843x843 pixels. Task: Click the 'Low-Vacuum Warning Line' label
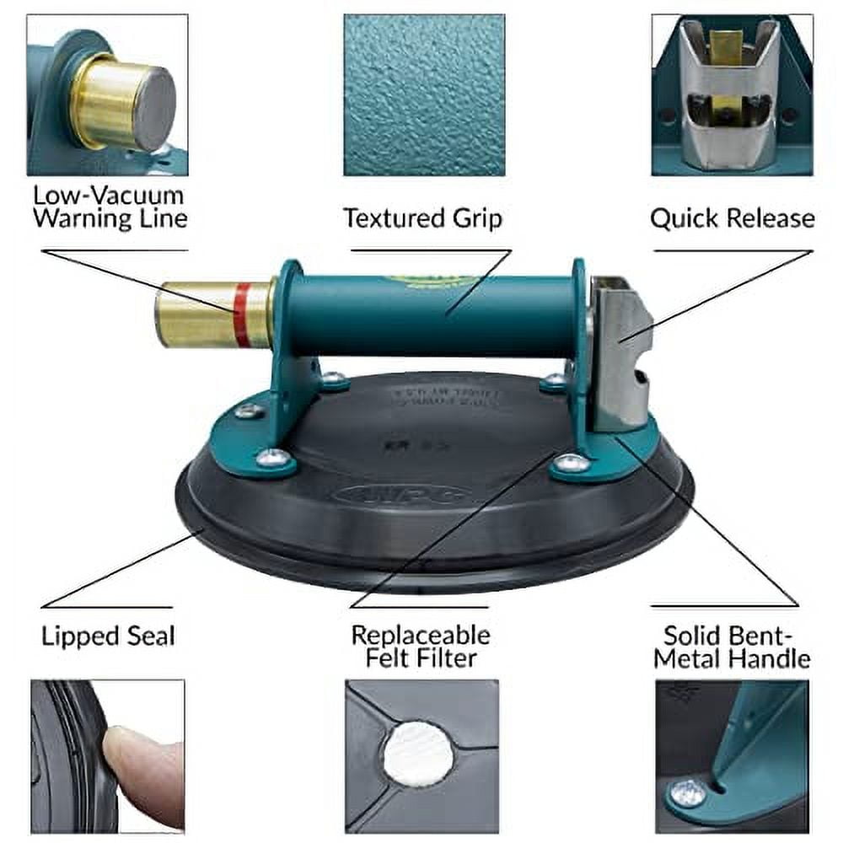point(109,207)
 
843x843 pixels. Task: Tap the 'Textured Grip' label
point(422,218)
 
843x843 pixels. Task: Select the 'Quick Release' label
point(732,218)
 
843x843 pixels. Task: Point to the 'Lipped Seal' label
point(108,636)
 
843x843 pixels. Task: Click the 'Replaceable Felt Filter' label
point(420,646)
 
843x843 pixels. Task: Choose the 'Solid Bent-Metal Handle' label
point(732,646)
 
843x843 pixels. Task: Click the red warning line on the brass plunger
point(242,314)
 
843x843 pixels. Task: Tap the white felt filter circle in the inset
point(419,751)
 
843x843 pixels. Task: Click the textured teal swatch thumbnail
point(424,94)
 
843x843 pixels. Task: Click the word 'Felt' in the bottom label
point(393,658)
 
